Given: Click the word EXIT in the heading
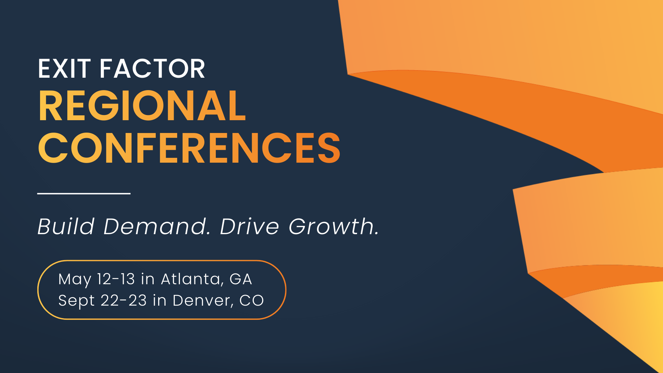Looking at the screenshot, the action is click(x=64, y=69).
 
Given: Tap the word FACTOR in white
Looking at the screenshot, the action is click(x=152, y=69).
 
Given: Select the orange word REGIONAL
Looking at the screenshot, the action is click(x=142, y=106).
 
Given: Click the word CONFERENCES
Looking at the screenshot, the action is click(x=189, y=148).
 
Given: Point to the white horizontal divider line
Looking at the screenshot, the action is click(x=84, y=193).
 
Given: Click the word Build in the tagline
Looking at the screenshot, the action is click(x=66, y=227).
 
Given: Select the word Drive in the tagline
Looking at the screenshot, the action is click(x=249, y=227).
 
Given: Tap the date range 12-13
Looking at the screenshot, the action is click(x=116, y=279).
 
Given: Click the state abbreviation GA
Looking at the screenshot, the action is click(x=241, y=279).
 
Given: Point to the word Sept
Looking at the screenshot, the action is click(x=76, y=301).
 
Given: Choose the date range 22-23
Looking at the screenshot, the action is click(x=124, y=300).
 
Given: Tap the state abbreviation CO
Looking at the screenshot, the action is click(x=252, y=300).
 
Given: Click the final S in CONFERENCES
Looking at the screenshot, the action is click(x=329, y=148).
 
